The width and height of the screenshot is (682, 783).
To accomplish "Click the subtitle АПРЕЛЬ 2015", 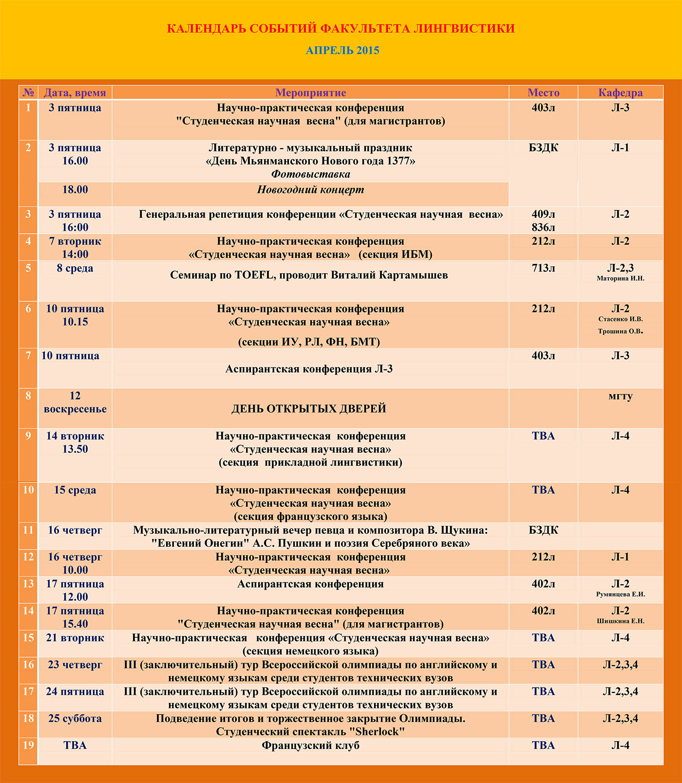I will click(x=342, y=51).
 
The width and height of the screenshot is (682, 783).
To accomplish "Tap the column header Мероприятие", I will click(x=310, y=93).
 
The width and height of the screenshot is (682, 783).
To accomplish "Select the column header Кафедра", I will click(x=620, y=93).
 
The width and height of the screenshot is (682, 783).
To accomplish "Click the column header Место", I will click(x=543, y=93).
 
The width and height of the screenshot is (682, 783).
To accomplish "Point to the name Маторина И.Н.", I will click(x=620, y=279).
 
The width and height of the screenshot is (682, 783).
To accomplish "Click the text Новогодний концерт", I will click(x=310, y=190).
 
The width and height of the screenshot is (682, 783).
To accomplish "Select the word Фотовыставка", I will click(x=310, y=174).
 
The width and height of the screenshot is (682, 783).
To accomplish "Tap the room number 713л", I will click(x=543, y=268).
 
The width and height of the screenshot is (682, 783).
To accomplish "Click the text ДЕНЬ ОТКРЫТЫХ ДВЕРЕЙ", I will click(x=308, y=409).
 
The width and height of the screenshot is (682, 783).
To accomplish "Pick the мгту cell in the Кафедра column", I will click(x=620, y=396).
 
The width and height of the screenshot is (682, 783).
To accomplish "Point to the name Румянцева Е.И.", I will click(x=620, y=595).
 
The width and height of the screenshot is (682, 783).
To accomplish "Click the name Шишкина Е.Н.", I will click(x=620, y=621).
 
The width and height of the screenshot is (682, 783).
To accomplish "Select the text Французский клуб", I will click(x=310, y=746).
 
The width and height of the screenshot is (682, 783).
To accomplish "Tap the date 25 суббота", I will click(x=75, y=719).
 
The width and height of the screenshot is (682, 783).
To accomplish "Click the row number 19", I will click(x=28, y=746).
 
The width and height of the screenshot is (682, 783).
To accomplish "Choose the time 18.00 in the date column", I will click(x=75, y=190).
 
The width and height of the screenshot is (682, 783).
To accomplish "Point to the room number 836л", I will click(x=543, y=227).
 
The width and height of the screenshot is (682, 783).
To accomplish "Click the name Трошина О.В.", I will click(x=620, y=332).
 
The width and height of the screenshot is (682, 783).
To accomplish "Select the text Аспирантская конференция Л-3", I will click(x=309, y=369).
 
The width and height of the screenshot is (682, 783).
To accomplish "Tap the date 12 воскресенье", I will click(x=75, y=403).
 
